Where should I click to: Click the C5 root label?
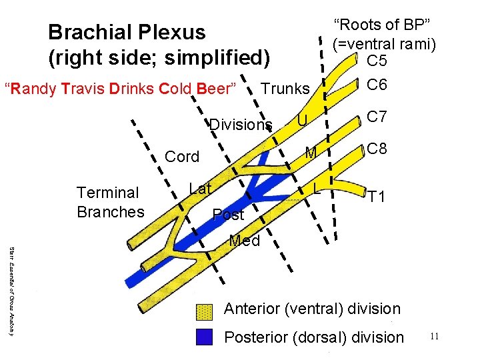coord(377,61)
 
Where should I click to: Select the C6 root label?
coord(377,85)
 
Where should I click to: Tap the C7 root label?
coord(377,117)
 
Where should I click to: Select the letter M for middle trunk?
coord(310,153)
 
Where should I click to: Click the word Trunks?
coord(285,89)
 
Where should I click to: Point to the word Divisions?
coord(241,125)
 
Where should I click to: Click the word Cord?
coord(182,157)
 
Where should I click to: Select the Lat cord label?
coord(200,189)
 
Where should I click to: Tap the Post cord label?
coord(228,215)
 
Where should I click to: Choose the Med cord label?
coord(244,241)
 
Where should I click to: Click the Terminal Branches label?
coord(110,202)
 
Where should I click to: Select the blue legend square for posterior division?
coord(204,337)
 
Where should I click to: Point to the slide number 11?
coord(434,337)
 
